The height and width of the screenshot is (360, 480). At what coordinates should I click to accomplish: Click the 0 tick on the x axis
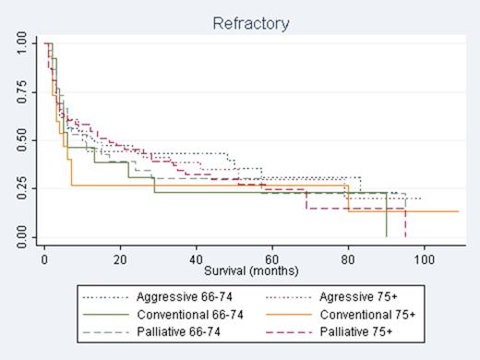pyautogui.click(x=43, y=261)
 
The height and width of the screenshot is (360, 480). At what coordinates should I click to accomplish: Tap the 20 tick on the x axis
pyautogui.click(x=120, y=261)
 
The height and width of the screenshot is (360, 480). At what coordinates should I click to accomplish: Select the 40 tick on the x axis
pyautogui.click(x=196, y=261)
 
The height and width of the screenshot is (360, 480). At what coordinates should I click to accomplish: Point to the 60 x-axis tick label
pyautogui.click(x=272, y=261)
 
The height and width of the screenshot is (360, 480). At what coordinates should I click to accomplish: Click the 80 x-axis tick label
pyautogui.click(x=348, y=261)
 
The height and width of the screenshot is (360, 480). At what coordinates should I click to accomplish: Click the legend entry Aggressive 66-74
pyautogui.click(x=162, y=298)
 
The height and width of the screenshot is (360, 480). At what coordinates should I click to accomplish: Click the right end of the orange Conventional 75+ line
pyautogui.click(x=458, y=211)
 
